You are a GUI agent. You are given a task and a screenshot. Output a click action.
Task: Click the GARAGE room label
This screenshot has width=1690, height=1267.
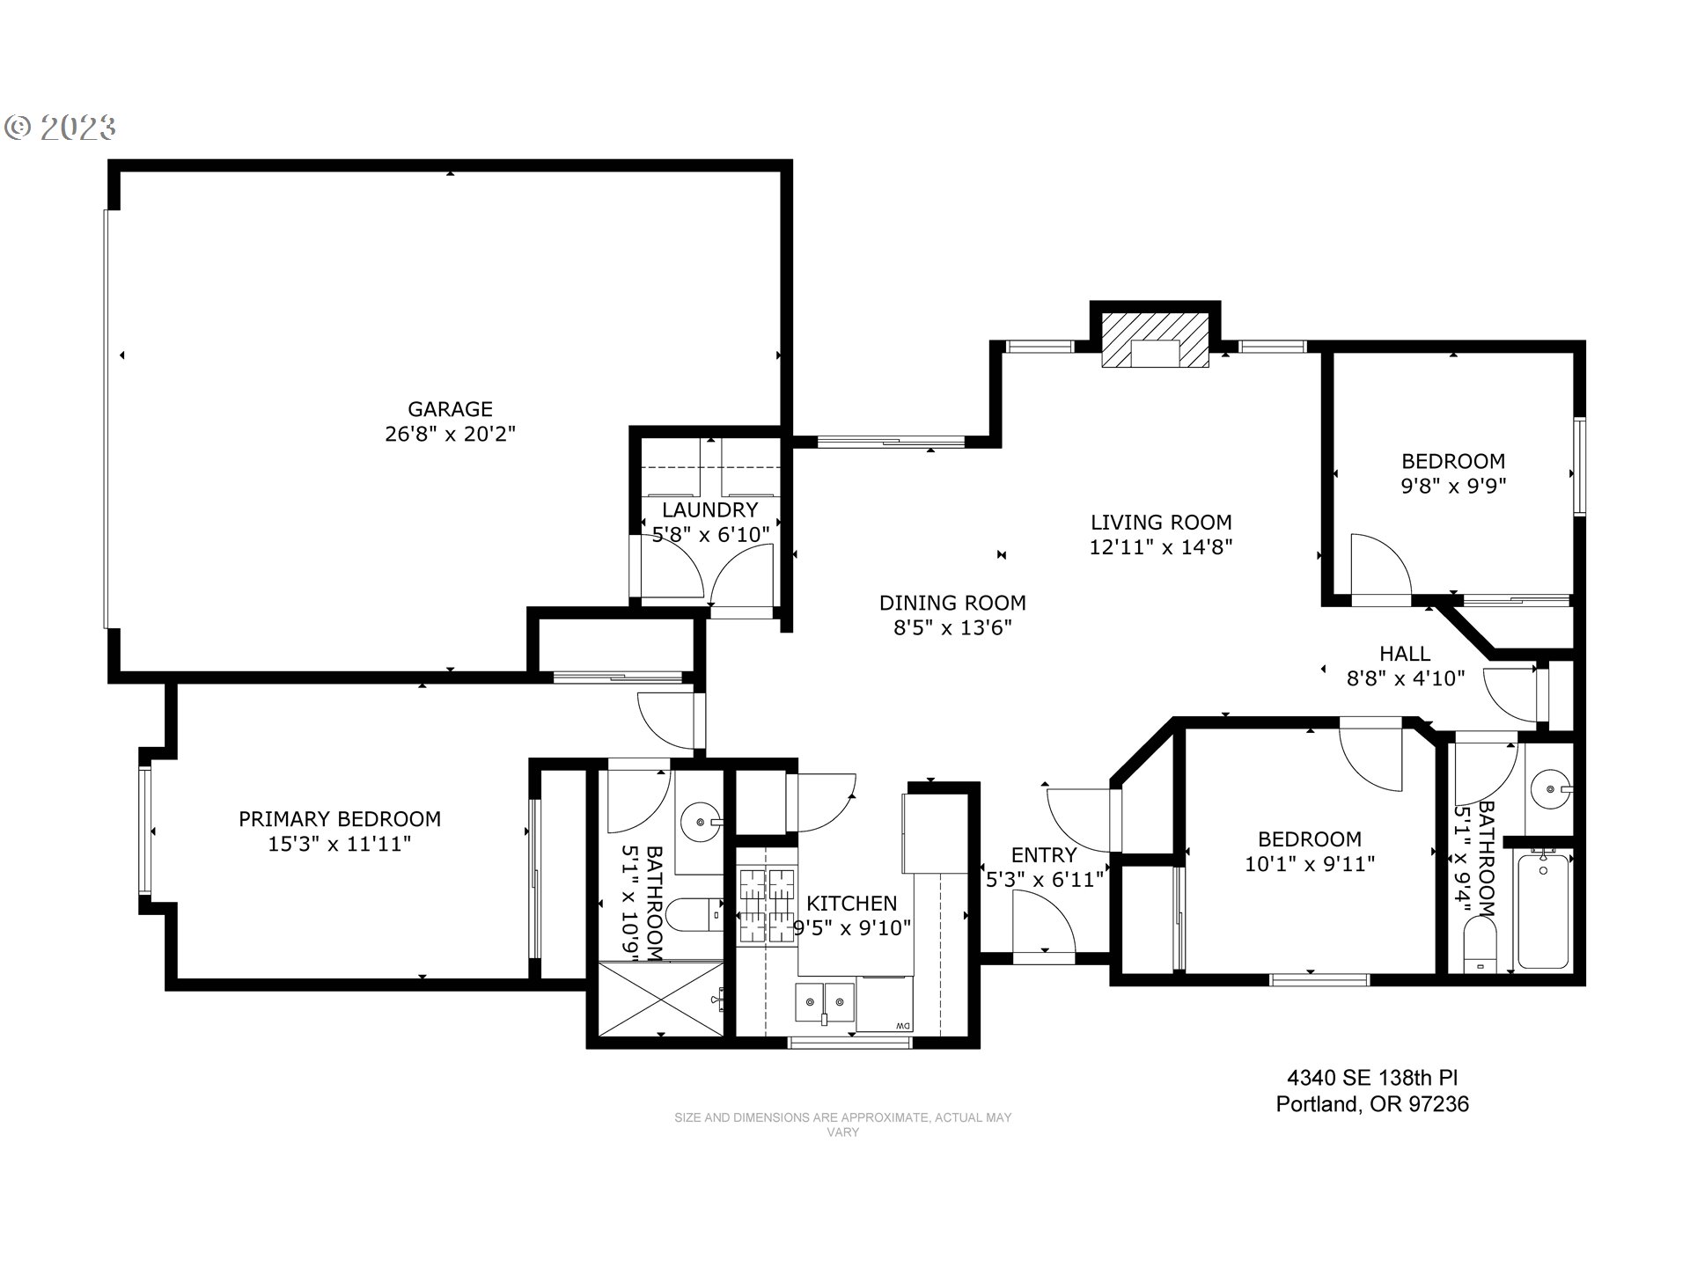tap(450, 409)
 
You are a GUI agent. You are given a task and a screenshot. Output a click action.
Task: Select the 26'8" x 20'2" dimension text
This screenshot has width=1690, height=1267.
tap(450, 434)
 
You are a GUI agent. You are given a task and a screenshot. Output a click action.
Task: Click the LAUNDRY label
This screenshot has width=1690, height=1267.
tap(709, 510)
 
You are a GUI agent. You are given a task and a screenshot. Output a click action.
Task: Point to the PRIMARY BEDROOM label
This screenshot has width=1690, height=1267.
tap(340, 819)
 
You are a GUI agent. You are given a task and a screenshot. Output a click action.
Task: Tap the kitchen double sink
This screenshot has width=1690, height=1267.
tap(825, 1001)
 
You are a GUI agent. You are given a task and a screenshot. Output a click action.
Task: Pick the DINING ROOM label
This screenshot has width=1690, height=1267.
tap(952, 604)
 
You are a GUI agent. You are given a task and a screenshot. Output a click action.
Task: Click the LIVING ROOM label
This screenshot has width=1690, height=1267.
tap(1161, 523)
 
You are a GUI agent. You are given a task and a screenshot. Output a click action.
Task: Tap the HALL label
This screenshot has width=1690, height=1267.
tap(1405, 654)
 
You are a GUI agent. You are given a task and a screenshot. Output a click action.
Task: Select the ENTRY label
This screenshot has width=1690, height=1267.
tap(1043, 855)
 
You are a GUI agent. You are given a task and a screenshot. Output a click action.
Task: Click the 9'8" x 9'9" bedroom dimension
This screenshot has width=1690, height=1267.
tap(1453, 486)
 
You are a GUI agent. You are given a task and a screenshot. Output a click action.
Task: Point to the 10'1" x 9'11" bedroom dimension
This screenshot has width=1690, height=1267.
tap(1310, 864)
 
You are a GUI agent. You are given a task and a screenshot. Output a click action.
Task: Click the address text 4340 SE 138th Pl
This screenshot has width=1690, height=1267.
tap(1372, 1078)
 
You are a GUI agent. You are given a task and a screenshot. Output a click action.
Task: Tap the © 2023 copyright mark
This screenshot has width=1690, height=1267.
tap(61, 128)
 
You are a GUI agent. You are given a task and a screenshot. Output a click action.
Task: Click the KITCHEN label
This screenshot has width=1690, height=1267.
tap(851, 904)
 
